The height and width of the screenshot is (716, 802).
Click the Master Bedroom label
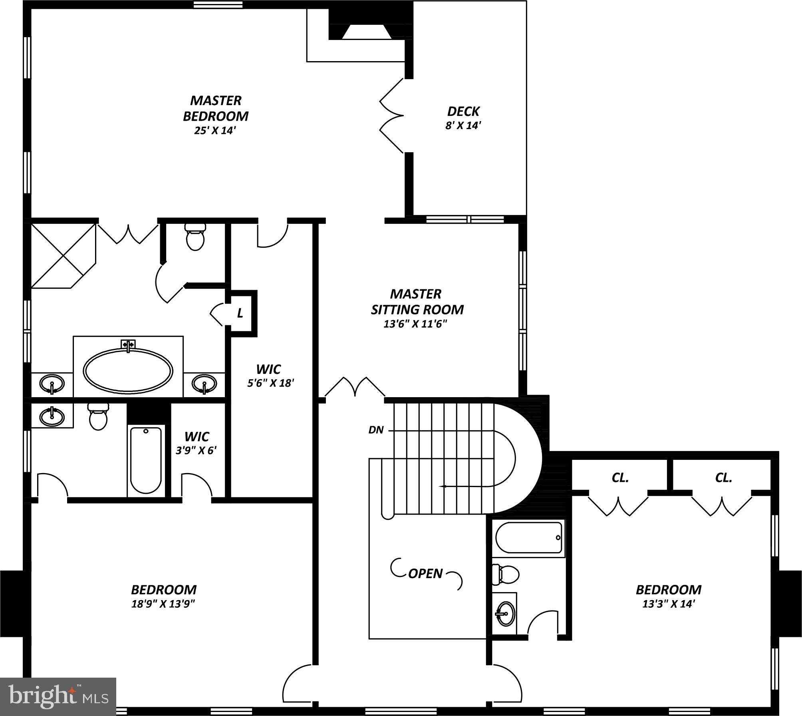pyautogui.click(x=216, y=108)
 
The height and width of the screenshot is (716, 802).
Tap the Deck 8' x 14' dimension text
pyautogui.click(x=463, y=125)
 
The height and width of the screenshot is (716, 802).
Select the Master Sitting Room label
pyautogui.click(x=417, y=302)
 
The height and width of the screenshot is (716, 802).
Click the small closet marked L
pyautogui.click(x=240, y=314)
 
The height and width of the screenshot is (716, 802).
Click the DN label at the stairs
pyautogui.click(x=376, y=430)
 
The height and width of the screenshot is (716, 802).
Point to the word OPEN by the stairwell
pyautogui.click(x=425, y=573)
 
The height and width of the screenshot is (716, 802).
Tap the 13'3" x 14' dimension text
pyautogui.click(x=669, y=604)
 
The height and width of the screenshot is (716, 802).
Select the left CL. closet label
pyautogui.click(x=620, y=477)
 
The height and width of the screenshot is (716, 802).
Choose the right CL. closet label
pyautogui.click(x=723, y=477)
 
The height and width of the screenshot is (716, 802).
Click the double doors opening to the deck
pyautogui.click(x=391, y=116)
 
